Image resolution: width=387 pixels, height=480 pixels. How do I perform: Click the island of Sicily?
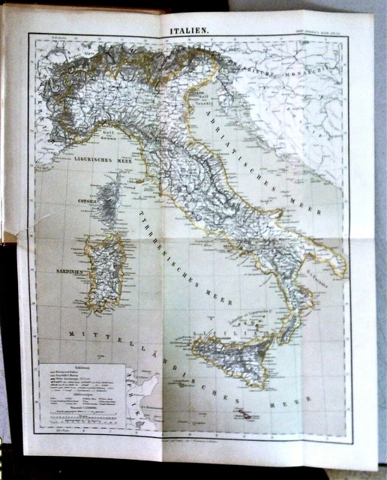coord(232,361)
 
